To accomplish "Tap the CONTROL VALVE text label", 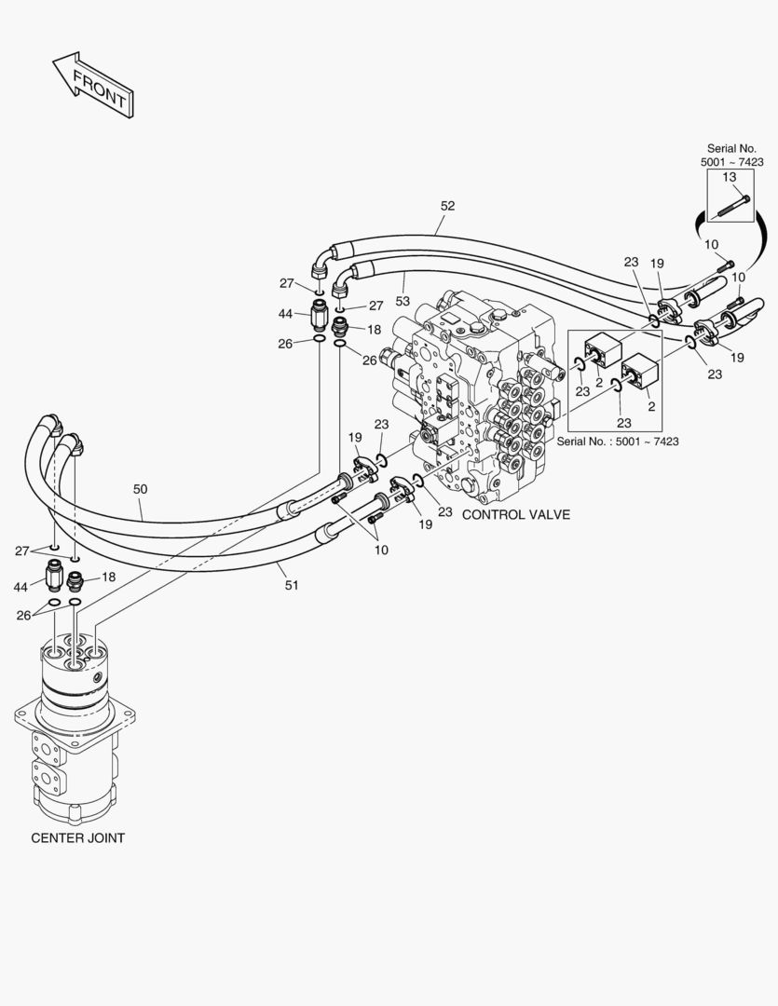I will pos(516,514).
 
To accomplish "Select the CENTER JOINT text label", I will pos(77,837).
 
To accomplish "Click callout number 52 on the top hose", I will pos(447,206).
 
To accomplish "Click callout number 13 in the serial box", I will pos(730,177).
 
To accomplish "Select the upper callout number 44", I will pos(286,314).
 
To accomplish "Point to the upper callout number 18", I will pos(374,329).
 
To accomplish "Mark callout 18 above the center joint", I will pos(108,578).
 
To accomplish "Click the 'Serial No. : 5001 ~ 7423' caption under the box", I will pos(618,441).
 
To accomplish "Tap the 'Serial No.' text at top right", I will pos(731,148).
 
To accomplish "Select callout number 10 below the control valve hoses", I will pos(382,550).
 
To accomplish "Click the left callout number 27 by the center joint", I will pos(21,551).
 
